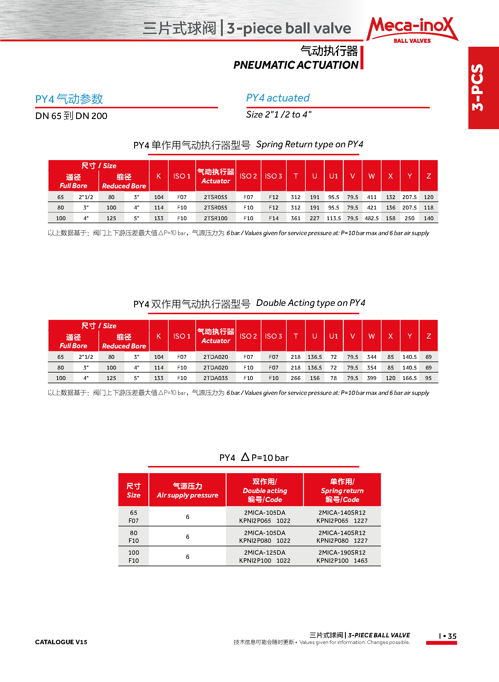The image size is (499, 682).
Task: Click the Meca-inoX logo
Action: (x=412, y=30)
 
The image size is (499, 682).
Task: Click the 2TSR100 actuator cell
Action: (x=215, y=218)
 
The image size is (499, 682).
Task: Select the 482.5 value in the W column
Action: (x=371, y=218)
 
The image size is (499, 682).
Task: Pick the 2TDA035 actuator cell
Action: (x=215, y=378)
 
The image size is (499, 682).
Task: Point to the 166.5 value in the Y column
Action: (x=409, y=378)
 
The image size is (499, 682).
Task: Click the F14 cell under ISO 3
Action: (x=274, y=218)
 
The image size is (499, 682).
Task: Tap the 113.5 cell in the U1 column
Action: (x=333, y=218)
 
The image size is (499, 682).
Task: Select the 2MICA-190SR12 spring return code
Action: (x=342, y=552)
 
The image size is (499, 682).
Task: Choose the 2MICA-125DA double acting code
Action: (x=265, y=552)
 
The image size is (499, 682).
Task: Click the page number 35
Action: (x=452, y=636)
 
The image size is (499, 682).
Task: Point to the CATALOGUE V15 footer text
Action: (x=61, y=642)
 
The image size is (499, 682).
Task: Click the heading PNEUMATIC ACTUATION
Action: (x=296, y=65)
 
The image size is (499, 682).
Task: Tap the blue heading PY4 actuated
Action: (x=277, y=98)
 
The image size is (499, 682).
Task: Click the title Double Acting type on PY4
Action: (x=310, y=303)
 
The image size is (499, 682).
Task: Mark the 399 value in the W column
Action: (x=371, y=378)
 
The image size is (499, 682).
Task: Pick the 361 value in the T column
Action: (x=295, y=218)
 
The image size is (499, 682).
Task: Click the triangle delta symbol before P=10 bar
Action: (x=245, y=457)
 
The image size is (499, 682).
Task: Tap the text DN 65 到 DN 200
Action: (x=71, y=116)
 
